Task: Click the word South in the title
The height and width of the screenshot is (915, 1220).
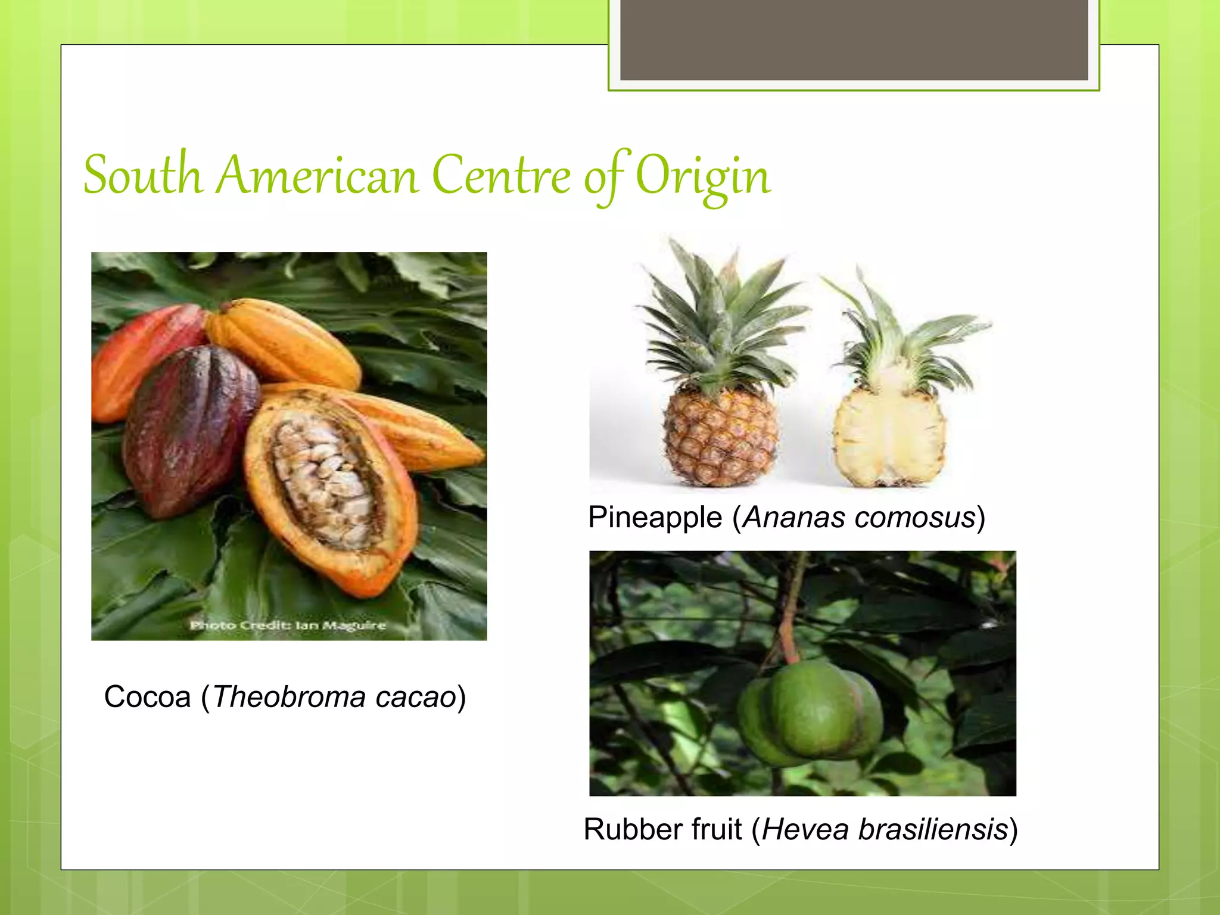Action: [143, 176]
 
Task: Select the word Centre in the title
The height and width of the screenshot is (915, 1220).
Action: [501, 176]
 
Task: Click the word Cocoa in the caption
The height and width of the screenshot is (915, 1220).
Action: [147, 697]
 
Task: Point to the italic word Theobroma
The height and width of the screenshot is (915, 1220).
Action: [289, 697]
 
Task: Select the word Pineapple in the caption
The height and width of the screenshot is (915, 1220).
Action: [655, 517]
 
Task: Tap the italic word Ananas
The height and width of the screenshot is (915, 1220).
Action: [793, 517]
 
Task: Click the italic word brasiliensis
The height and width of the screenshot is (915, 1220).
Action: [933, 829]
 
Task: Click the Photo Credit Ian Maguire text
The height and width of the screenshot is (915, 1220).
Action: [288, 625]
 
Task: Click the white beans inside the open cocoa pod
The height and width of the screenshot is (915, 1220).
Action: [325, 477]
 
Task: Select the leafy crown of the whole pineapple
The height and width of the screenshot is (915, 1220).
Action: [721, 322]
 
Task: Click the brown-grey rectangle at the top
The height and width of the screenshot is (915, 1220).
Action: [854, 39]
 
